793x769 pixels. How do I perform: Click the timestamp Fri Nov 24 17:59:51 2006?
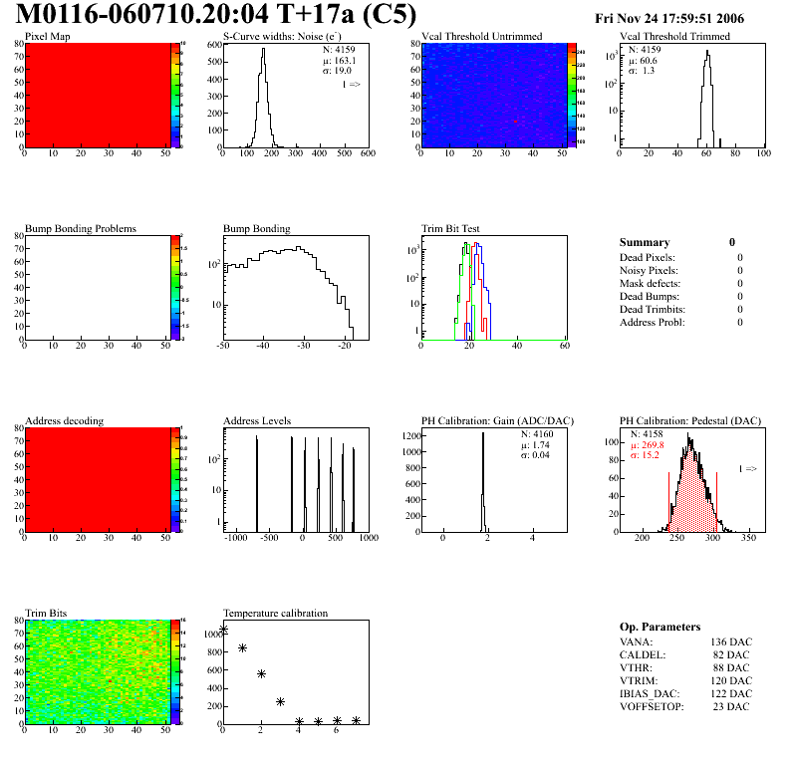pyautogui.click(x=682, y=18)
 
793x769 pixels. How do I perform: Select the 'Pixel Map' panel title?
pyautogui.click(x=48, y=37)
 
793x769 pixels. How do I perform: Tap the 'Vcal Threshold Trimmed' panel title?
pyautogui.click(x=674, y=37)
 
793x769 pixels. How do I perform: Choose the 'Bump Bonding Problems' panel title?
pyautogui.click(x=81, y=229)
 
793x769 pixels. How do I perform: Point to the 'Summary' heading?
pyautogui.click(x=645, y=242)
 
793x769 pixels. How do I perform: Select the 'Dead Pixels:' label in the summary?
pyautogui.click(x=647, y=257)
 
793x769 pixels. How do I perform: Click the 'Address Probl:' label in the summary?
pyautogui.click(x=653, y=322)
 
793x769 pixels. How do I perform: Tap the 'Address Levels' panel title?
pyautogui.click(x=257, y=421)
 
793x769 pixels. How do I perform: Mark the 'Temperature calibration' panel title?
pyautogui.click(x=275, y=614)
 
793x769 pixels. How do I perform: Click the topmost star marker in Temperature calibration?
pyautogui.click(x=224, y=630)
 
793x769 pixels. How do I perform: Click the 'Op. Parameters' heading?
pyautogui.click(x=660, y=627)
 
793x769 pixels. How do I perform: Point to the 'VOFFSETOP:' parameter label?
pyautogui.click(x=651, y=706)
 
